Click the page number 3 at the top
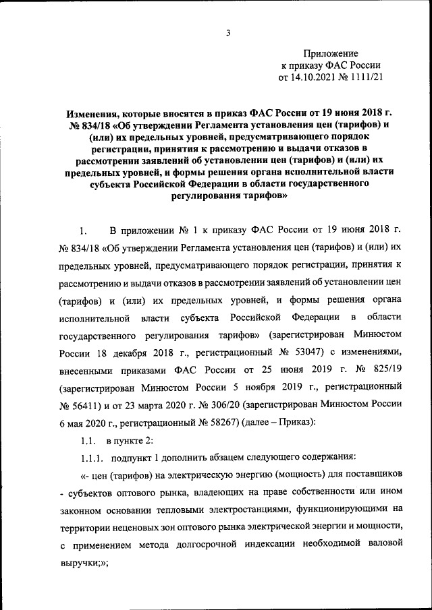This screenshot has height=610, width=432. click(228, 34)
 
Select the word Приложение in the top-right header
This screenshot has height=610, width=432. click(331, 53)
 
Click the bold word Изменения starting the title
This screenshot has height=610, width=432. click(95, 115)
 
